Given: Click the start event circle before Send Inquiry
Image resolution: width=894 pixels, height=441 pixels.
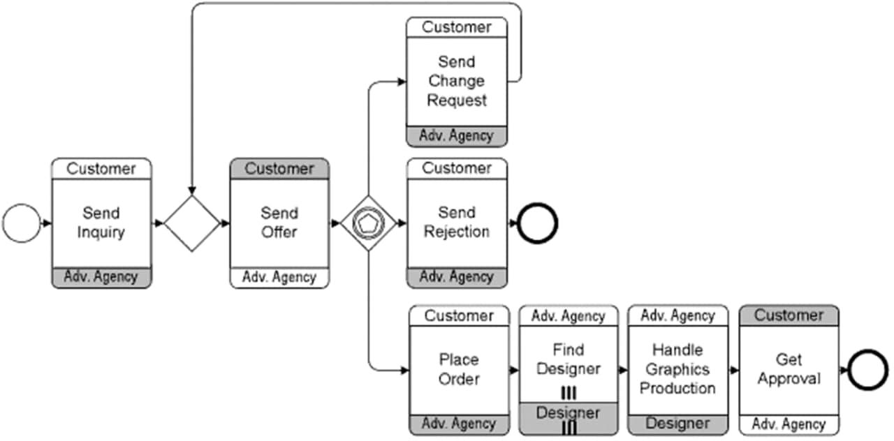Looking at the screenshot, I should (x=22, y=223).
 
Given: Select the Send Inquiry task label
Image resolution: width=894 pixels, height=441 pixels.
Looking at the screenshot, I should (x=101, y=223).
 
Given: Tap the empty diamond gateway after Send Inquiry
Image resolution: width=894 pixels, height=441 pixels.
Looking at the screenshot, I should (x=191, y=223).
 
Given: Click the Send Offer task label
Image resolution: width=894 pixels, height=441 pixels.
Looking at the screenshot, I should (x=279, y=223).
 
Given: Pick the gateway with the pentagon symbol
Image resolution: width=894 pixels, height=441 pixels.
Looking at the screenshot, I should (x=368, y=223).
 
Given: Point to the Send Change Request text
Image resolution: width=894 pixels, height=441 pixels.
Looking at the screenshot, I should (x=457, y=82).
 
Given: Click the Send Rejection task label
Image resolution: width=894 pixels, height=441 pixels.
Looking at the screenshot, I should (x=457, y=223).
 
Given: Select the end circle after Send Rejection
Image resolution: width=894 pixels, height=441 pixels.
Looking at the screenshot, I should (x=537, y=223).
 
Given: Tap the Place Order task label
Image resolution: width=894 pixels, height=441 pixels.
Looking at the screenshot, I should (x=459, y=370).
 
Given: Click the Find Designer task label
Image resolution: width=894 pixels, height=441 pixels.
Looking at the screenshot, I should (x=568, y=359).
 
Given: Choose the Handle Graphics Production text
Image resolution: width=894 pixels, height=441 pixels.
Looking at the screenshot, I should (x=677, y=369).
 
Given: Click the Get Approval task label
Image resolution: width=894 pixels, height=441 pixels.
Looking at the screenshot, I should (x=789, y=370).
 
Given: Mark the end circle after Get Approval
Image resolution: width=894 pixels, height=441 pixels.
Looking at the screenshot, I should (x=868, y=370).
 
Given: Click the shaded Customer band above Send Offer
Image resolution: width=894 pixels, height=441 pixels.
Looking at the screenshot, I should (x=279, y=169).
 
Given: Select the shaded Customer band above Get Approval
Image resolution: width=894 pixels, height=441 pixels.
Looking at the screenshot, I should (x=789, y=315).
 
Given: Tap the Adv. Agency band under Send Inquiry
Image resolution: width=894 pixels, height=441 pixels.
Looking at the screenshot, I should (x=101, y=277).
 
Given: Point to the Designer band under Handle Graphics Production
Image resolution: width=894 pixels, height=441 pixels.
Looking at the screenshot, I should (x=677, y=424).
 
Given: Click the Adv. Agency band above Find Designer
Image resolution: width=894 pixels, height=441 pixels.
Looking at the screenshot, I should (x=568, y=316).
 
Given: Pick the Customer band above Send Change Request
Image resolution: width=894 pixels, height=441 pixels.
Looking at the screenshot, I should (x=457, y=28).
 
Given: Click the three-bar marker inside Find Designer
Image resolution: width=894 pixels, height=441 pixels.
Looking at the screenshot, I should (x=569, y=393).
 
